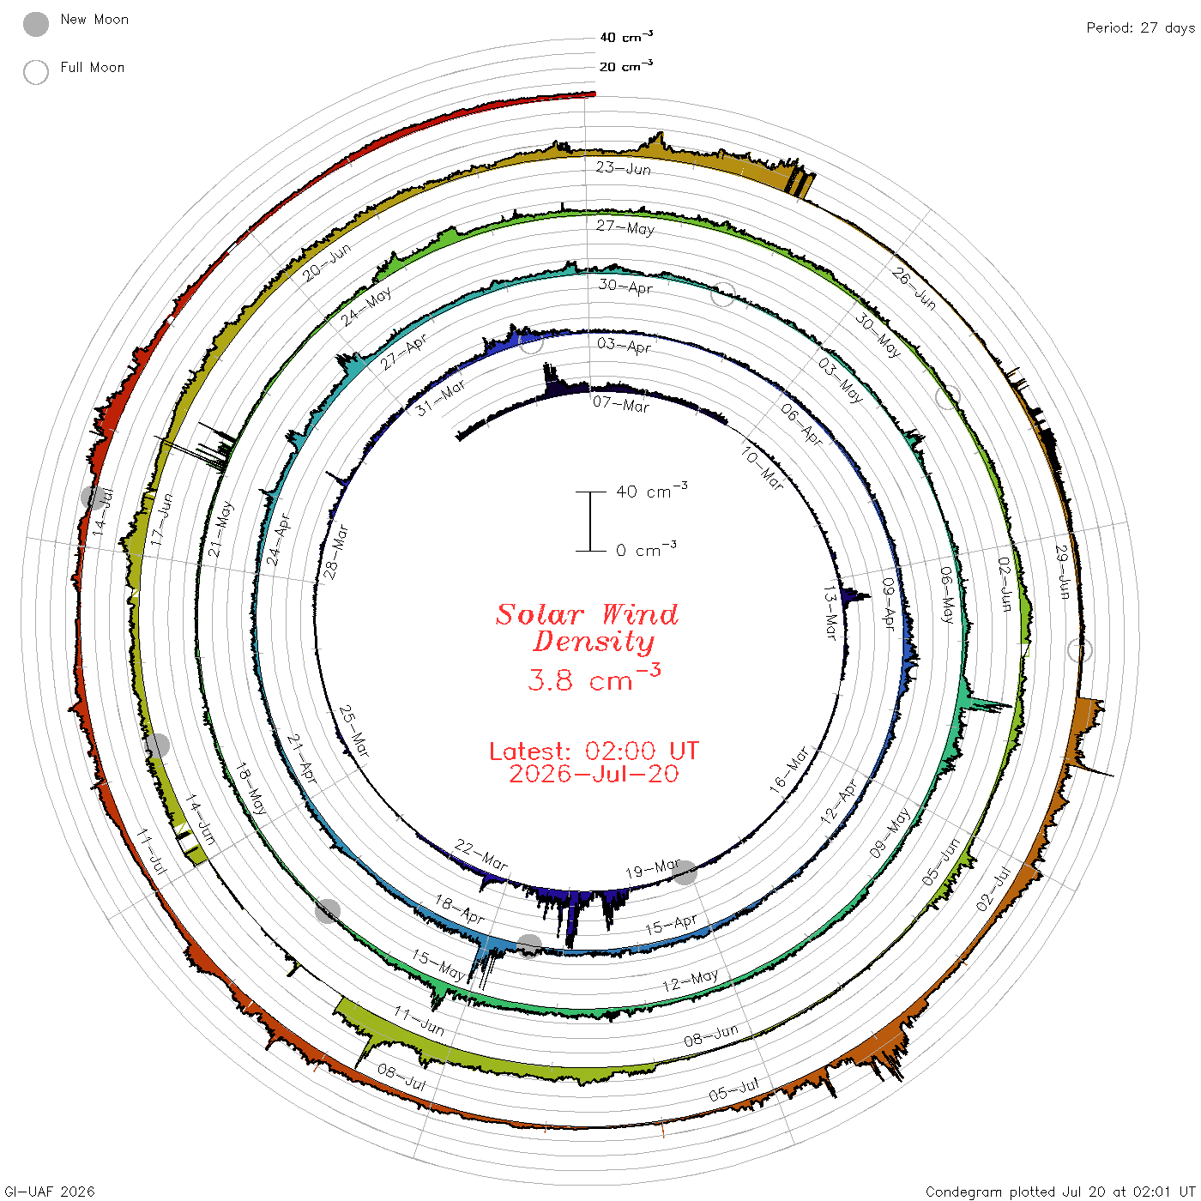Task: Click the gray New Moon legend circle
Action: point(35,24)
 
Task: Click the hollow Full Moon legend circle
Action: point(35,72)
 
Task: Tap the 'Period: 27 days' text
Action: point(1141,28)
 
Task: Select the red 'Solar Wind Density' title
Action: point(587,628)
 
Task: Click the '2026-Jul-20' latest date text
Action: point(594,774)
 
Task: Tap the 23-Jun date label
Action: point(624,168)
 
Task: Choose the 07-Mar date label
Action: point(621,404)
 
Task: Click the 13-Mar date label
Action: point(830,613)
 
